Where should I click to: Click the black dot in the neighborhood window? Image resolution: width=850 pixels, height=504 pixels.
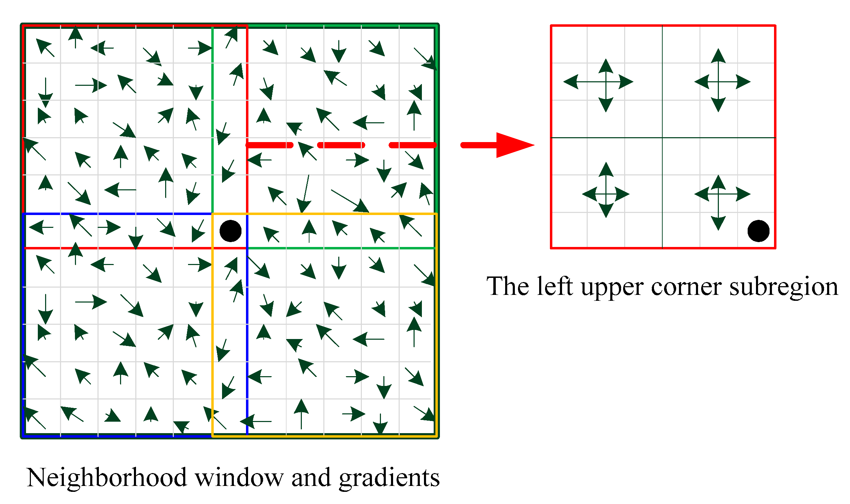230,231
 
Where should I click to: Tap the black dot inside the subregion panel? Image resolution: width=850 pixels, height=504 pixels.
758,231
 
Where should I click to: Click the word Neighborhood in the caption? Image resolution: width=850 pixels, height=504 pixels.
107,478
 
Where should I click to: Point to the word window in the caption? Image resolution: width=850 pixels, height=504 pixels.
239,478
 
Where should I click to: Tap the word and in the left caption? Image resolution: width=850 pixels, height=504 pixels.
311,478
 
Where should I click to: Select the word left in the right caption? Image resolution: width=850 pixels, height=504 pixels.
554,286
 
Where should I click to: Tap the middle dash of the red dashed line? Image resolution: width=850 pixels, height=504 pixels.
341,145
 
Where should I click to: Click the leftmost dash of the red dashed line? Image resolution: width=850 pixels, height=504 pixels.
270,145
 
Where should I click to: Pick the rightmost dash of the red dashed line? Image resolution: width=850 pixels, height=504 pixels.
413,145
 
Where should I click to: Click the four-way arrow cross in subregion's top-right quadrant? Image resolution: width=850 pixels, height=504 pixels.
718,82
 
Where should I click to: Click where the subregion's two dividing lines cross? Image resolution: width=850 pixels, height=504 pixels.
662,138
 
